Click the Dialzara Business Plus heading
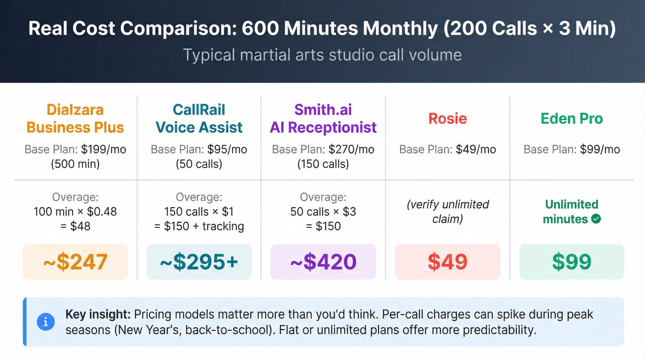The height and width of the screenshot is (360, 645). coord(75,119)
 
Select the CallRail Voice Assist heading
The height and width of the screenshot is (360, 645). coord(199,119)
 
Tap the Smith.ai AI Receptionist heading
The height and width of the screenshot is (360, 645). coord(323,119)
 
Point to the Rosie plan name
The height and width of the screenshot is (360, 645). coord(448,119)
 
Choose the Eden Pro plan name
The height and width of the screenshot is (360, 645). coord(572,119)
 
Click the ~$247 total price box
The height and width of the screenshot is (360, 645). coord(75,262)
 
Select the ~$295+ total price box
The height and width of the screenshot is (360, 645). coord(199,262)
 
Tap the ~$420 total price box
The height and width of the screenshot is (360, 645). coord(323,262)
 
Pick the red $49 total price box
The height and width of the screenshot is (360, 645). coord(448,262)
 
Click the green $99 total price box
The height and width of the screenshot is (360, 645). coord(572,262)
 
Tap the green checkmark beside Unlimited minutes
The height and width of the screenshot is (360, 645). coord(596,219)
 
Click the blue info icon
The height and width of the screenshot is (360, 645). coord(45,322)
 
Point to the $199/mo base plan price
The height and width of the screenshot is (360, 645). coord(104,149)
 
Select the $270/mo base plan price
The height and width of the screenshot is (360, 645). coord(352,149)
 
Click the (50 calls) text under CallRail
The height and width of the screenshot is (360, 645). coord(199,164)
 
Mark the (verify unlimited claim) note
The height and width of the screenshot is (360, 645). coord(448,212)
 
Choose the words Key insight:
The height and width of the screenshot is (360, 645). coord(98,314)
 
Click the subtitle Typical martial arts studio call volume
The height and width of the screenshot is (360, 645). coord(322,55)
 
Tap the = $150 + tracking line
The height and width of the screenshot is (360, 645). coord(199,226)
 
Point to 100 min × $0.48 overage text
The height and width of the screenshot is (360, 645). coord(75,212)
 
